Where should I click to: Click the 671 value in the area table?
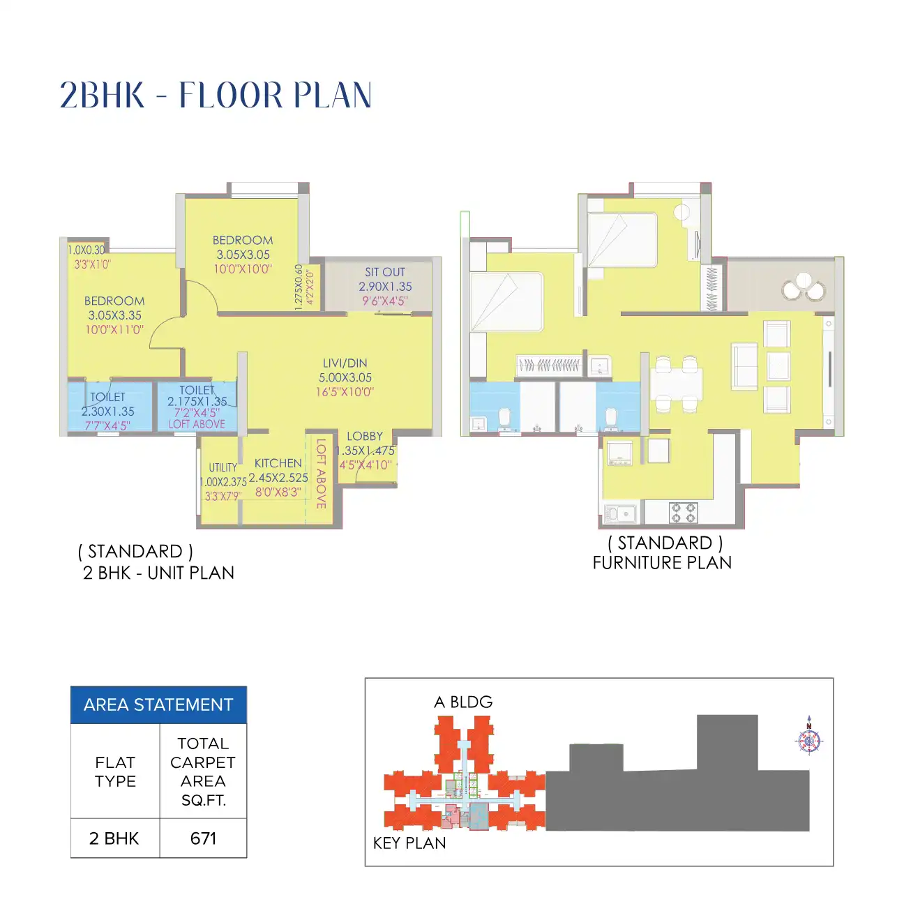click(203, 838)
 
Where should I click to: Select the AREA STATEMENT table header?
click(158, 705)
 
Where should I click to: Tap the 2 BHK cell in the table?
click(114, 838)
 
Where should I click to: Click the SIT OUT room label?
click(385, 272)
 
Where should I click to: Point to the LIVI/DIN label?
click(345, 363)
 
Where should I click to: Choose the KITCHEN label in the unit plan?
click(278, 463)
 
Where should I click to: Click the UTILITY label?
click(223, 467)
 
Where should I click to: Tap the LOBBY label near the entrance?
click(364, 436)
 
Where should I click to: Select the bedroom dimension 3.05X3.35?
click(114, 315)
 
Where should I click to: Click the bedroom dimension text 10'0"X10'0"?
click(243, 269)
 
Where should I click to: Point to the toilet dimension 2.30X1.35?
click(108, 412)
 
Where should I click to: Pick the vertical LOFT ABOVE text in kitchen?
click(321, 474)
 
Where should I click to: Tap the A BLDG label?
click(463, 702)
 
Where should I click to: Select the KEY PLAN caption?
click(409, 843)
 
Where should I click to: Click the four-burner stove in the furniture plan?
click(682, 513)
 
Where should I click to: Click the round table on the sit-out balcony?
click(804, 287)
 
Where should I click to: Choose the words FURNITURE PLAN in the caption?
click(662, 563)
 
